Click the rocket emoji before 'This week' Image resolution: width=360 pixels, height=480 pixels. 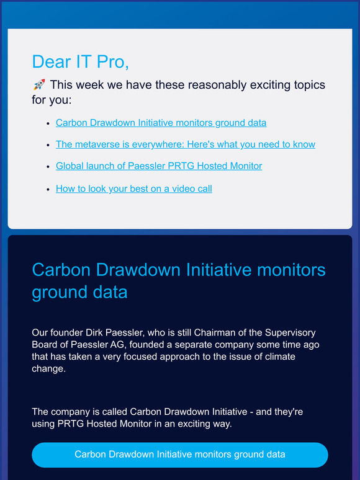38,85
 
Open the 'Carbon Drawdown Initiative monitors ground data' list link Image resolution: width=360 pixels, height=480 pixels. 161,123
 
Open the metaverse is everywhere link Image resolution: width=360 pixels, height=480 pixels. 185,144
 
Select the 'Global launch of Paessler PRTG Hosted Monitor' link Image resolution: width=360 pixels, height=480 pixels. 159,166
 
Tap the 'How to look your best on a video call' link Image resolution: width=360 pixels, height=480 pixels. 133,189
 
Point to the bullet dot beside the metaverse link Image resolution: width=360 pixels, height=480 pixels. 48,145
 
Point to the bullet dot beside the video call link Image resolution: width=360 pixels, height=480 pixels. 48,189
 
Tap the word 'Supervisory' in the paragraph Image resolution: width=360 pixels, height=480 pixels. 287,333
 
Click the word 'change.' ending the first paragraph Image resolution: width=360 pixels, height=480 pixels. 48,368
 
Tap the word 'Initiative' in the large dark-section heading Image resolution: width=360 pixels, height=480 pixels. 204,270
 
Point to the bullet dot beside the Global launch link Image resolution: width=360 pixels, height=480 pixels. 48,167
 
